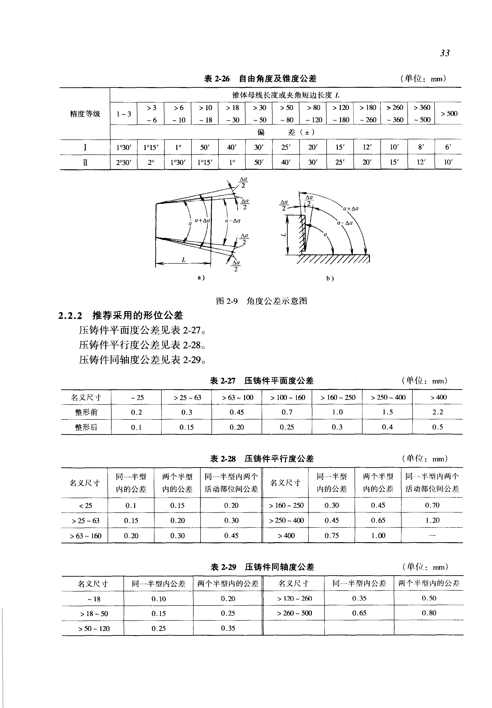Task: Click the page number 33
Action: (444, 53)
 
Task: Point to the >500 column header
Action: (448, 113)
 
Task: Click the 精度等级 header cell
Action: (85, 114)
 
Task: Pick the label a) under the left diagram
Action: (201, 277)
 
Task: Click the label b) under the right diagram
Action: (330, 278)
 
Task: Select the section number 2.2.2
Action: (70, 316)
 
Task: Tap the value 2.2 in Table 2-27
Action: (437, 412)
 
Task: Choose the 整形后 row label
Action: (86, 427)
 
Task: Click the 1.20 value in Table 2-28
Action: (432, 520)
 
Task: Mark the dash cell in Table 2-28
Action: (432, 535)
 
